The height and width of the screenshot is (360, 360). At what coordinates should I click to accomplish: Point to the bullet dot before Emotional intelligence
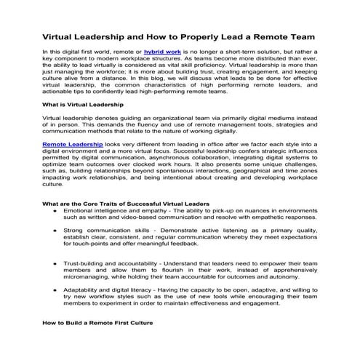pos(56,209)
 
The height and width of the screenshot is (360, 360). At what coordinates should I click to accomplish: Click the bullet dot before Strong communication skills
pos(56,230)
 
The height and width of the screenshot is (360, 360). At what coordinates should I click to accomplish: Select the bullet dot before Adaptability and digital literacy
pos(56,289)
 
